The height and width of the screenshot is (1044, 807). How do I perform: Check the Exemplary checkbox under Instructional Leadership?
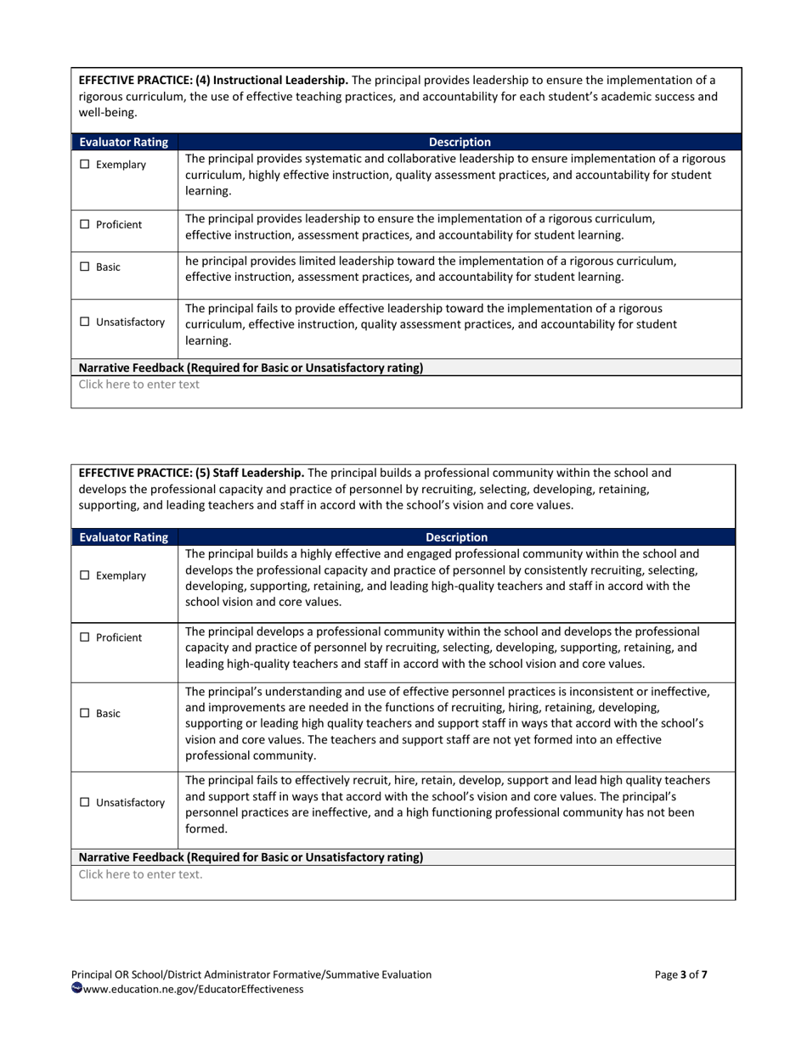click(x=85, y=165)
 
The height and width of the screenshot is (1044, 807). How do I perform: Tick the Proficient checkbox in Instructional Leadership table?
click(x=85, y=225)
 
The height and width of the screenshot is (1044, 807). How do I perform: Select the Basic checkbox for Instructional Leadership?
click(x=85, y=267)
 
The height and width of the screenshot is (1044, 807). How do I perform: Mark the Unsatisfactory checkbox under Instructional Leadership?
click(x=85, y=323)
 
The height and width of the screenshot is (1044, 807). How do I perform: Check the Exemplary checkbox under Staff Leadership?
click(x=85, y=575)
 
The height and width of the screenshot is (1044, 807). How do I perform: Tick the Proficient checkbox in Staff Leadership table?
click(x=85, y=637)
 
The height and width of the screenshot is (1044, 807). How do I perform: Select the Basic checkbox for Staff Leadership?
click(x=85, y=714)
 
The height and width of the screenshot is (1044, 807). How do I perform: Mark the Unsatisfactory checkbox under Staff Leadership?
click(x=85, y=803)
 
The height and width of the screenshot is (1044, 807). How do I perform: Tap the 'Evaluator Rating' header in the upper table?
click(x=123, y=143)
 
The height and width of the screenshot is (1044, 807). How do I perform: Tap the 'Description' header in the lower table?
click(x=456, y=537)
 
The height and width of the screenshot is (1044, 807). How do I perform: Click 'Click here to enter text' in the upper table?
click(x=139, y=384)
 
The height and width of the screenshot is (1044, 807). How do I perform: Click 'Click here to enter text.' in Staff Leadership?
click(x=141, y=875)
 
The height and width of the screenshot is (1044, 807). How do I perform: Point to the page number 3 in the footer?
click(x=683, y=975)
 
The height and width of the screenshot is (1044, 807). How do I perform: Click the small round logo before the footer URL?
click(x=76, y=988)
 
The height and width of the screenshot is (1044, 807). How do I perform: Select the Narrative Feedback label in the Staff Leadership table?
click(x=251, y=857)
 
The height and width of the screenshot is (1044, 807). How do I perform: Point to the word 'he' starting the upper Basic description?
click(x=192, y=261)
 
